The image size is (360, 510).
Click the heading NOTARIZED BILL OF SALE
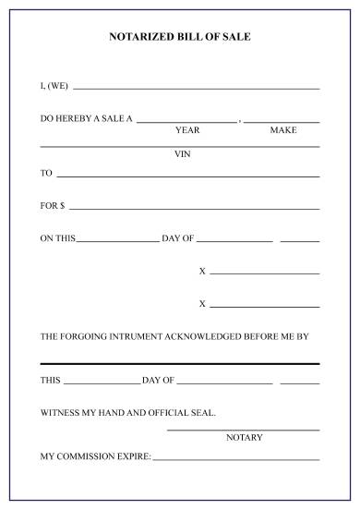coord(180,37)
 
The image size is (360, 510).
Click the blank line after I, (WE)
coord(196,88)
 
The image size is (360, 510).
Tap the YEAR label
coord(187,130)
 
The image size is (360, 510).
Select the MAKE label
coord(283,130)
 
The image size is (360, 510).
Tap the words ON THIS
coord(57,238)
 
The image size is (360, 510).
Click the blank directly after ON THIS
coord(117,241)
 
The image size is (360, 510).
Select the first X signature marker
coord(202,271)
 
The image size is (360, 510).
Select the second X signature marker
coord(202,304)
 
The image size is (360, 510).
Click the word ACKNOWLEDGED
coord(206,337)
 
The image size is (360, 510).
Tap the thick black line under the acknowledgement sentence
coord(180,363)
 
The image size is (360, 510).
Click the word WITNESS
coord(61,413)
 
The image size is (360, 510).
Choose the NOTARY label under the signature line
coord(245,437)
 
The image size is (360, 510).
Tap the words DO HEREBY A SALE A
coord(87,119)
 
